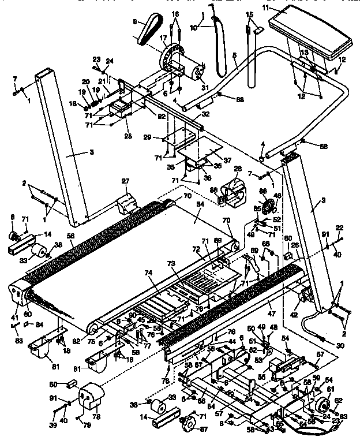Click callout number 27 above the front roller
(x=125, y=182)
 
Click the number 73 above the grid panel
(x=171, y=263)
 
